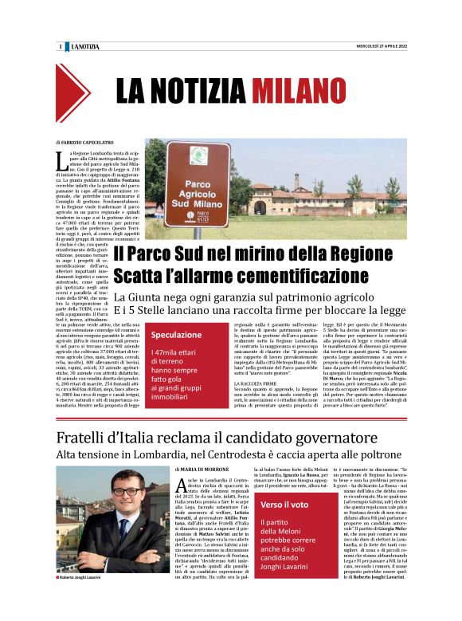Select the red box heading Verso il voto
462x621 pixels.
click(284, 505)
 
